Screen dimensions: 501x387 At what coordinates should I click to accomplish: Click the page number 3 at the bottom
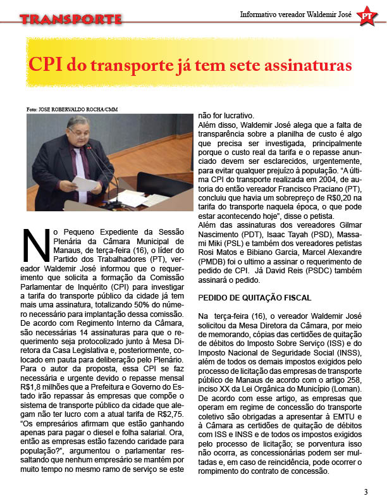click(x=365, y=492)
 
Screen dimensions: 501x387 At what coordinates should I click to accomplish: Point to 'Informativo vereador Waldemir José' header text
click(x=295, y=15)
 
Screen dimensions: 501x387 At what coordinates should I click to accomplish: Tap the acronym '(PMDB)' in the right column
click(x=213, y=260)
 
